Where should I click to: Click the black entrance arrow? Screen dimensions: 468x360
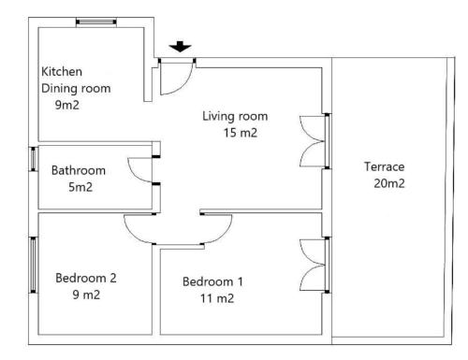(180, 47)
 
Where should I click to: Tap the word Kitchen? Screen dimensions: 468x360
(62, 72)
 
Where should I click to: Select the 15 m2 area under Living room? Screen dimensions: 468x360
(241, 133)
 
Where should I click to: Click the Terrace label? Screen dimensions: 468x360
(384, 166)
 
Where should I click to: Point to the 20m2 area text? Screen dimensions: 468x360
(389, 183)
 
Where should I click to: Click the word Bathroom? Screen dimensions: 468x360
(79, 170)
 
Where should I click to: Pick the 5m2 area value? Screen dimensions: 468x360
(80, 187)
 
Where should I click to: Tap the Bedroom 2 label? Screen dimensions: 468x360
(86, 278)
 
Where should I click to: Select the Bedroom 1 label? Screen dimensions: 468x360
(212, 281)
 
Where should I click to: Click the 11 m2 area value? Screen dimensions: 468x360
(217, 298)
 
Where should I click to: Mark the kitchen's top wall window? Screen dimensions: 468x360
(96, 22)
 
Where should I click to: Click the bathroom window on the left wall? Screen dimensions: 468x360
(33, 159)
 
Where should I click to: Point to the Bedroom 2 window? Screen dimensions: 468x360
(33, 265)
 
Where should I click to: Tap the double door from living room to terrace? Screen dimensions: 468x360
(312, 141)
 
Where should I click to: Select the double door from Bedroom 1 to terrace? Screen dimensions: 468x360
(312, 265)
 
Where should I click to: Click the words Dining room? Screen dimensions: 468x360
(76, 89)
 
